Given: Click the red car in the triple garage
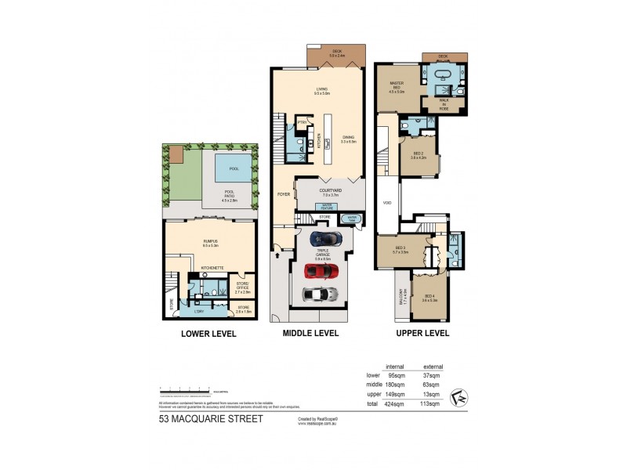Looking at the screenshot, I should click(x=321, y=271).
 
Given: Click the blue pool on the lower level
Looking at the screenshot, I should click(x=234, y=168).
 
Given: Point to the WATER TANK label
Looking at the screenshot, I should click(x=352, y=219).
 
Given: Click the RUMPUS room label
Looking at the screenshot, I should click(x=209, y=243).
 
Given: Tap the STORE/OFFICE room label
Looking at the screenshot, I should click(x=243, y=287).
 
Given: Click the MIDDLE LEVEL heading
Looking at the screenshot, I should click(x=310, y=333).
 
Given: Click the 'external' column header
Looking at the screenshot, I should click(x=433, y=366).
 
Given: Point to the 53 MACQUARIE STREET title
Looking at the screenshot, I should click(x=211, y=419).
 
